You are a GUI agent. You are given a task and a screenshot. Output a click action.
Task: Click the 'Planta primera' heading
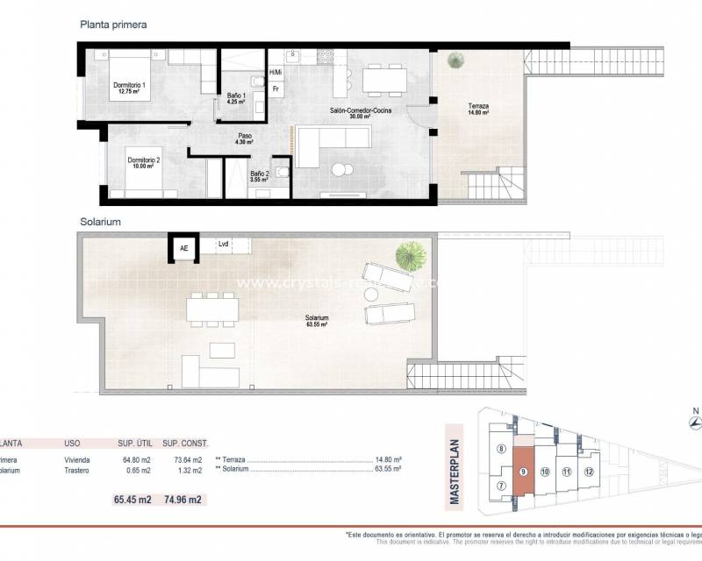pyautogui.click(x=113, y=25)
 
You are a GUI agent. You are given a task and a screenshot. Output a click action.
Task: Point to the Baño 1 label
pyautogui.click(x=236, y=98)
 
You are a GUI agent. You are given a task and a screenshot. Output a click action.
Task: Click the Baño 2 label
pyautogui.click(x=260, y=177)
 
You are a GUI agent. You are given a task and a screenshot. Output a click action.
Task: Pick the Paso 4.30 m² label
pyautogui.click(x=246, y=139)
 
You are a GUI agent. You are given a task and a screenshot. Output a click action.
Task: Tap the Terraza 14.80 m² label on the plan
pyautogui.click(x=478, y=110)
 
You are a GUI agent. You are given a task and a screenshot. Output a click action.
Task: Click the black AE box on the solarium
pyautogui.click(x=184, y=249)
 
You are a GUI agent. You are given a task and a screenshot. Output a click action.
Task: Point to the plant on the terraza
pyautogui.click(x=455, y=60)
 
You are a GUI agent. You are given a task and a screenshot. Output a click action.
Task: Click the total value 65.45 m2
pyautogui.click(x=133, y=500)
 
